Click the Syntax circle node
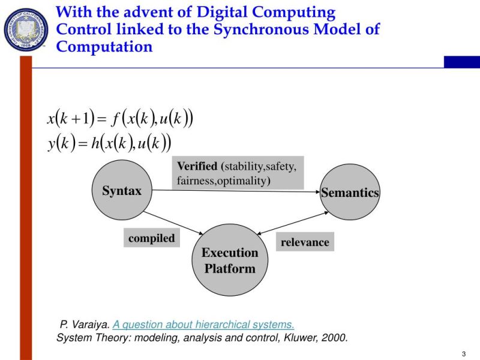122,191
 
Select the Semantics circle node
350,192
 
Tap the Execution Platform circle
230,260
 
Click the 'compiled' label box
151,238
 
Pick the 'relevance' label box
305,242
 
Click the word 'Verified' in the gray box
197,166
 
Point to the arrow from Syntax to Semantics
240,191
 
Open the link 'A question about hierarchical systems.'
203,325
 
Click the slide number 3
464,352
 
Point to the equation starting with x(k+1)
120,118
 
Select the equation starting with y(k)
109,143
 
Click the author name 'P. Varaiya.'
85,325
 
